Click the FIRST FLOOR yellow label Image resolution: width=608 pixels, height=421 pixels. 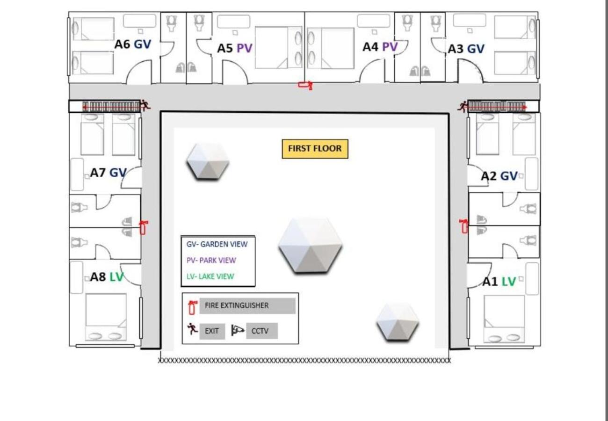pyautogui.click(x=315, y=149)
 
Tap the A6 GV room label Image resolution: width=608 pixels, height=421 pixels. pyautogui.click(x=133, y=44)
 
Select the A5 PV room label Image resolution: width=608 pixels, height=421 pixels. pyautogui.click(x=234, y=48)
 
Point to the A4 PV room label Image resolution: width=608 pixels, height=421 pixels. pyautogui.click(x=380, y=47)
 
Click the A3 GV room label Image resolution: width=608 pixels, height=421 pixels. pyautogui.click(x=466, y=49)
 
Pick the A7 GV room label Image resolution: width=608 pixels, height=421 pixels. pyautogui.click(x=108, y=173)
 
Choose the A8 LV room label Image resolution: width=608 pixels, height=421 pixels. pyautogui.click(x=107, y=277)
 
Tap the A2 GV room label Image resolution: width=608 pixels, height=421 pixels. pyautogui.click(x=499, y=176)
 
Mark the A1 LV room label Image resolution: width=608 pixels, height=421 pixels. pyautogui.click(x=499, y=282)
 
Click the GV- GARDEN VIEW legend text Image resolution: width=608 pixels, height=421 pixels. pyautogui.click(x=217, y=244)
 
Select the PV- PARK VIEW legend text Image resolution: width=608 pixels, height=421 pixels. pyautogui.click(x=211, y=260)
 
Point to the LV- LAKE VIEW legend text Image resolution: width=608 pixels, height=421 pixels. pyautogui.click(x=210, y=276)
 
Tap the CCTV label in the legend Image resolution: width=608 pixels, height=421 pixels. pyautogui.click(x=261, y=331)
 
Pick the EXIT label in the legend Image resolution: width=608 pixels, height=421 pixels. pyautogui.click(x=212, y=331)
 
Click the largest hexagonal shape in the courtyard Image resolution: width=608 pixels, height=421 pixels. pyautogui.click(x=310, y=245)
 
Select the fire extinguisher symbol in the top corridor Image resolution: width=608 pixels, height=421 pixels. pyautogui.click(x=305, y=85)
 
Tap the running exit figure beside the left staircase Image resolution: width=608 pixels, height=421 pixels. pyautogui.click(x=145, y=105)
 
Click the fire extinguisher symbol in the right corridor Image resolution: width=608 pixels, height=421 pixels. pyautogui.click(x=464, y=226)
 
